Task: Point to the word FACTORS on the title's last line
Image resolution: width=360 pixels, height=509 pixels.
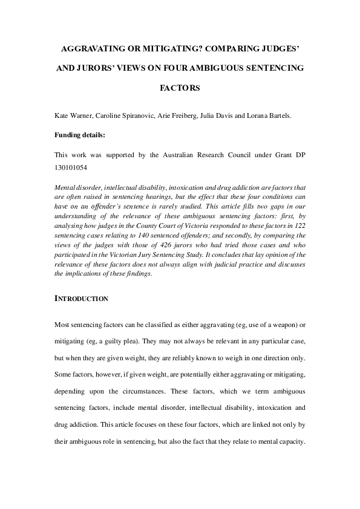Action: pyautogui.click(x=180, y=88)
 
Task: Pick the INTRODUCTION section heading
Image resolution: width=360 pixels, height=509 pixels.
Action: pyautogui.click(x=81, y=298)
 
